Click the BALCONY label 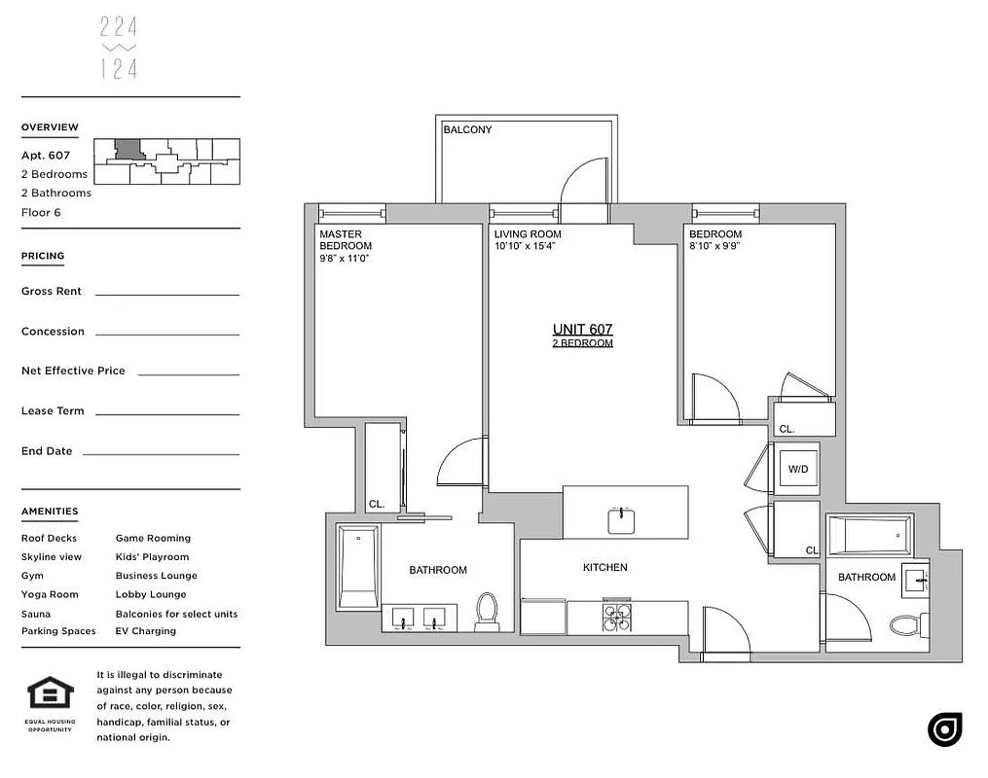[x=467, y=129]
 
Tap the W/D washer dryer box [x=797, y=469]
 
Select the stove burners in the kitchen [x=616, y=619]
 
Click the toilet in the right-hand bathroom [x=905, y=622]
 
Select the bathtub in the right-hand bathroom [x=869, y=536]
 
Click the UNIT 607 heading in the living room [x=582, y=330]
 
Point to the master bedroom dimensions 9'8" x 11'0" [x=345, y=258]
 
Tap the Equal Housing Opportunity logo [x=50, y=694]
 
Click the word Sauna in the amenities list [x=36, y=614]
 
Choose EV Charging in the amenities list [x=146, y=631]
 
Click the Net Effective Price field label [x=73, y=371]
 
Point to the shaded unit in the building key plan [x=128, y=150]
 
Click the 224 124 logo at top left [x=119, y=48]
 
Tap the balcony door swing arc [x=583, y=181]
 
